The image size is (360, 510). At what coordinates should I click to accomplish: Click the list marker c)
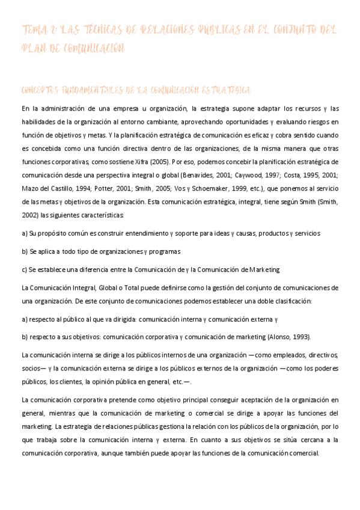tap(24, 270)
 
